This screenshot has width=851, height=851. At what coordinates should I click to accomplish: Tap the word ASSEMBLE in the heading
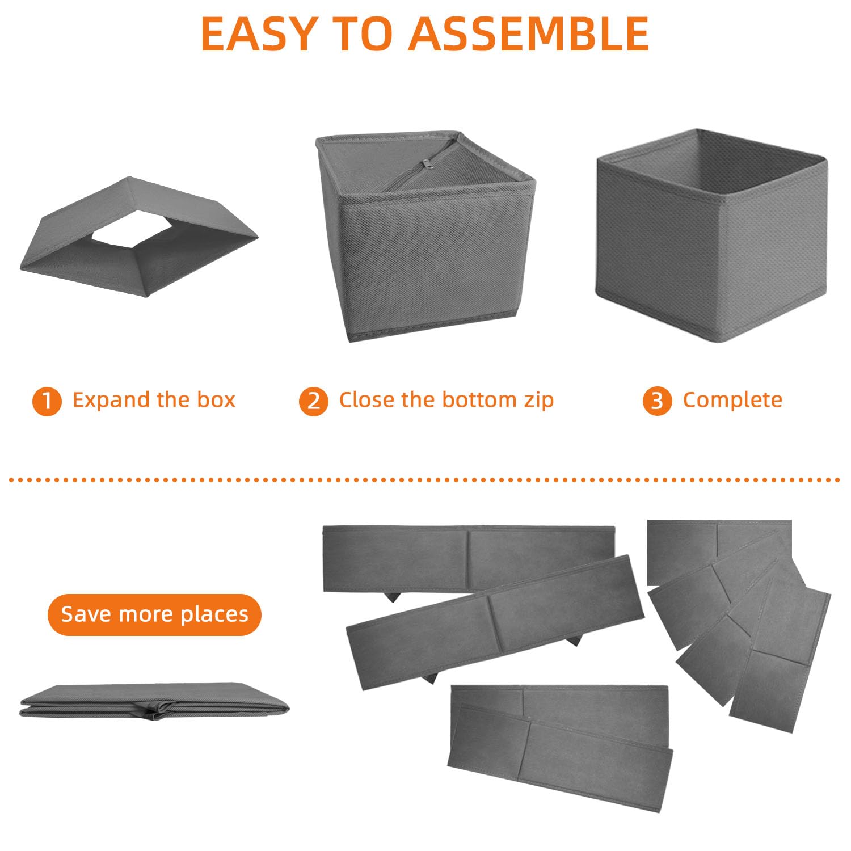(x=529, y=34)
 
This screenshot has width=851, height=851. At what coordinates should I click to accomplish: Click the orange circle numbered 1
(x=47, y=402)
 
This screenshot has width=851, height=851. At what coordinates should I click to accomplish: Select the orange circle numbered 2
(x=314, y=402)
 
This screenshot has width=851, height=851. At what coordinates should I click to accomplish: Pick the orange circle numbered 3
(x=657, y=402)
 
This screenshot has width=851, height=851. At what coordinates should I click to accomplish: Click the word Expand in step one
(x=111, y=401)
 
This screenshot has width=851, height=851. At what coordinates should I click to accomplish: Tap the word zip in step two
(x=539, y=401)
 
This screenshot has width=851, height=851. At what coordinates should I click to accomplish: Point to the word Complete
(x=732, y=401)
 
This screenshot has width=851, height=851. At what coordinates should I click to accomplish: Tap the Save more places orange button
(x=154, y=614)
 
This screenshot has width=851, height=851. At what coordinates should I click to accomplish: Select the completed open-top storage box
(x=711, y=235)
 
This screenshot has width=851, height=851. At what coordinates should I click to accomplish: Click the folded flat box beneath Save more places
(x=154, y=702)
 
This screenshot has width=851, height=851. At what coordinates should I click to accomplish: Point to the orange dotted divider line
(x=424, y=480)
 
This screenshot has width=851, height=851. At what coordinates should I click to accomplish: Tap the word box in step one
(x=216, y=400)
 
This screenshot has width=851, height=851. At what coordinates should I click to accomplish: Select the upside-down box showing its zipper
(x=425, y=237)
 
